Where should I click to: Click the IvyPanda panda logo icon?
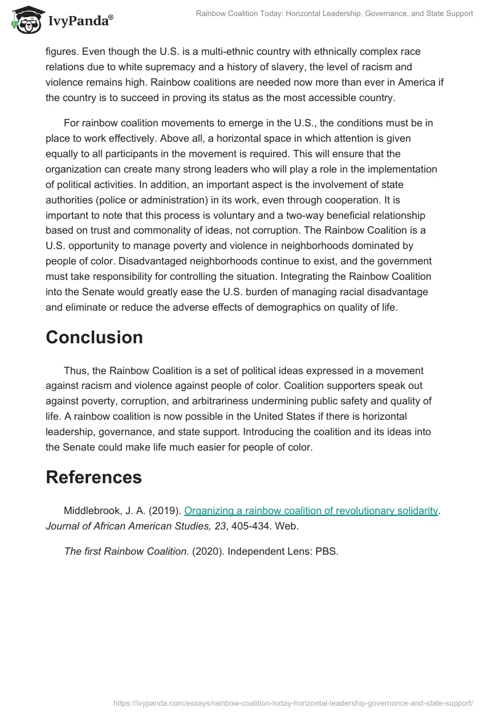click(23, 20)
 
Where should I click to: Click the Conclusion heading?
click(94, 337)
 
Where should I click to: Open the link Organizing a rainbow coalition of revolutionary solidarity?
click(311, 510)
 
